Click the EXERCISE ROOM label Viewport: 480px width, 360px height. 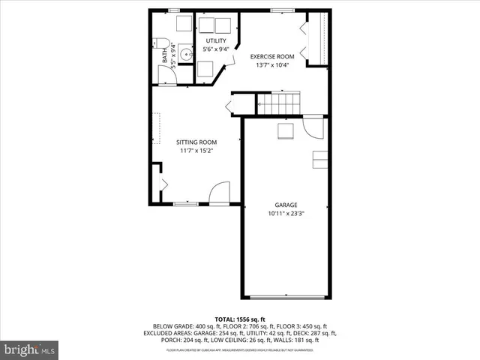point(272,56)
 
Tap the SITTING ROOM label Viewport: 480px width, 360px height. point(196,142)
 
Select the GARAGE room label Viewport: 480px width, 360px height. point(286,205)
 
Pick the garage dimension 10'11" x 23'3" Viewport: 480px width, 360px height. point(286,214)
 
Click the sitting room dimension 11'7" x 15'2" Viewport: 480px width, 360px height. point(196,151)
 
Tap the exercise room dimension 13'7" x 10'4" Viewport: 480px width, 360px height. point(272,65)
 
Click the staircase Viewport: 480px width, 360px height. point(278,103)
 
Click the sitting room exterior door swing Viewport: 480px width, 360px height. point(219,193)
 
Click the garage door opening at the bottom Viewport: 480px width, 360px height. point(286,298)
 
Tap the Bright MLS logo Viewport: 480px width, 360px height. point(29,349)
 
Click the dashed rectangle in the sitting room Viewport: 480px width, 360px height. point(157,128)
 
